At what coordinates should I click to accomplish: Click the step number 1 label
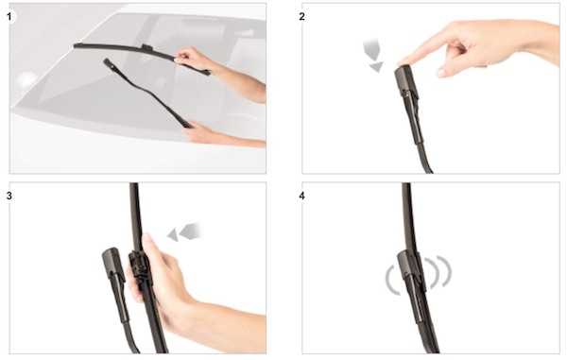(x=9, y=16)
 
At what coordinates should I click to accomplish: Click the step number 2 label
(x=302, y=16)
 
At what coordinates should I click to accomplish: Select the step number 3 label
(x=9, y=196)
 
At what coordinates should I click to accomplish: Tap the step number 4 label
(x=302, y=196)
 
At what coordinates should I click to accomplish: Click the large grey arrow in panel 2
(x=372, y=49)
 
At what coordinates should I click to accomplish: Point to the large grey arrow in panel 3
(x=190, y=231)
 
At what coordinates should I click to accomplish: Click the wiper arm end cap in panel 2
(x=406, y=82)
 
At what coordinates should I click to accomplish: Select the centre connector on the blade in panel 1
(x=146, y=47)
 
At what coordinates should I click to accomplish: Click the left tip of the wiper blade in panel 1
(x=75, y=45)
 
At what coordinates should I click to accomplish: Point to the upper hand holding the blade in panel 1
(x=192, y=58)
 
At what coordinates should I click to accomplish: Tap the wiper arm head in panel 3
(x=113, y=265)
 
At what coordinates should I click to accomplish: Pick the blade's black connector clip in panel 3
(x=138, y=266)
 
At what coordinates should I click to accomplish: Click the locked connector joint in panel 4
(x=410, y=269)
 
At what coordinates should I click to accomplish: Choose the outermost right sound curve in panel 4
(x=448, y=271)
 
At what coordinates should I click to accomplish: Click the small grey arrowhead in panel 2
(x=377, y=66)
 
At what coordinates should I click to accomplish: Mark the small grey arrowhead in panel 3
(x=173, y=235)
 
